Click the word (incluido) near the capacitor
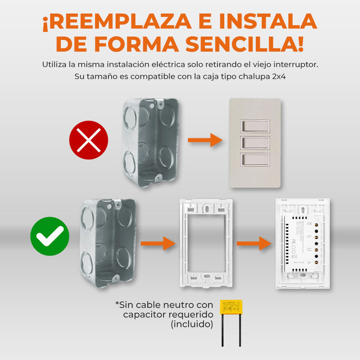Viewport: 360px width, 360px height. tap(192, 324)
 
